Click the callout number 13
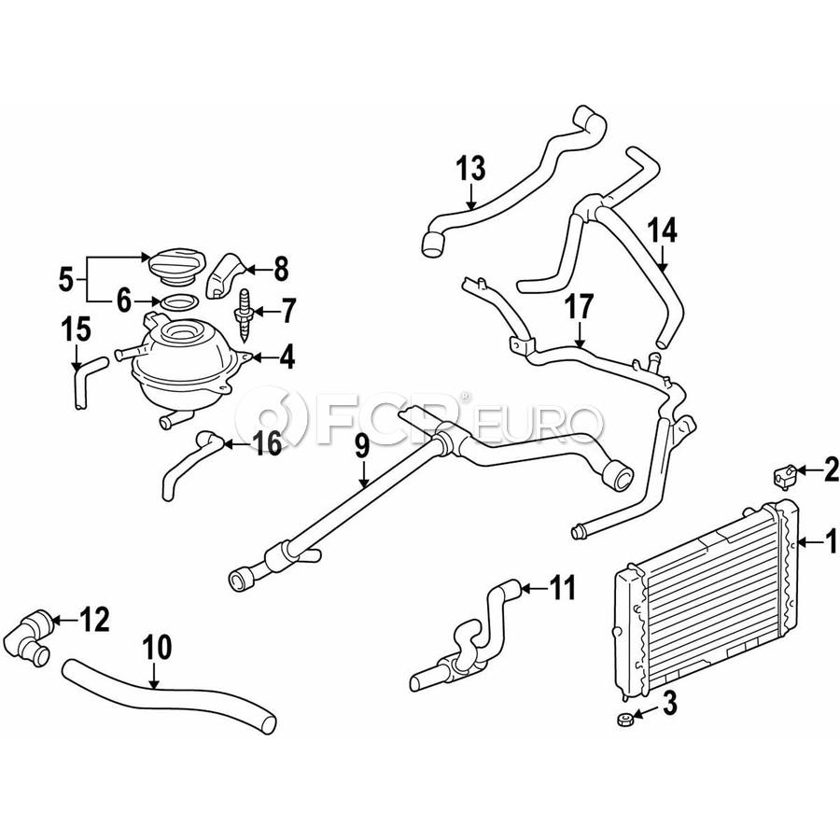tap(471, 170)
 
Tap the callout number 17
tap(579, 306)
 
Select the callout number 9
tap(362, 448)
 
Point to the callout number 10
tap(157, 647)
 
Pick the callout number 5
tap(65, 278)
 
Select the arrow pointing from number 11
tap(533, 589)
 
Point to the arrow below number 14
tap(665, 260)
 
